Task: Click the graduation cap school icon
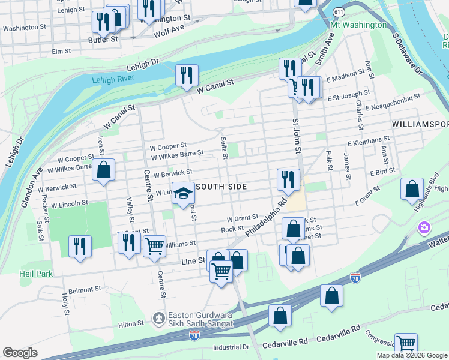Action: click(184, 194)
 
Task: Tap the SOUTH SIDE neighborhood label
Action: click(221, 187)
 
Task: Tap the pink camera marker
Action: click(424, 228)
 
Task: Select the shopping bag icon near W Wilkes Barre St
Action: click(104, 170)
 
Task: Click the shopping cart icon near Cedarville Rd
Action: click(406, 344)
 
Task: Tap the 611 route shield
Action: click(340, 11)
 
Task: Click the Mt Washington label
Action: click(358, 25)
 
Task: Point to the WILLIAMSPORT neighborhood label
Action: click(420, 124)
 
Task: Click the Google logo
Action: click(20, 353)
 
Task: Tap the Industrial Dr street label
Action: click(231, 347)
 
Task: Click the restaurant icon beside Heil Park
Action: click(79, 245)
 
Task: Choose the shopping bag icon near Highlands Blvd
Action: click(412, 189)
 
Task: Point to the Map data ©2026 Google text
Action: click(412, 355)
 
